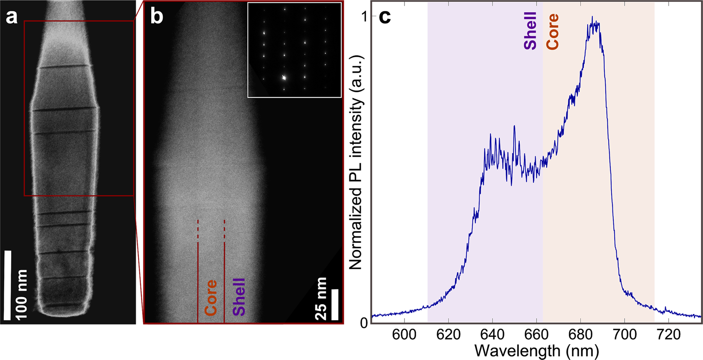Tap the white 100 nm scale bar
(x=7, y=285)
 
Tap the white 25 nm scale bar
(x=334, y=304)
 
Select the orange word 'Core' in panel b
(x=211, y=297)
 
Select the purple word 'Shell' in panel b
(x=239, y=296)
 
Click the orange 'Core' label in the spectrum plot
(x=553, y=32)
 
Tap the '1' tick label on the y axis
(x=364, y=17)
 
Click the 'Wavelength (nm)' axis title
(x=536, y=351)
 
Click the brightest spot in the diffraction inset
(x=284, y=78)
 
